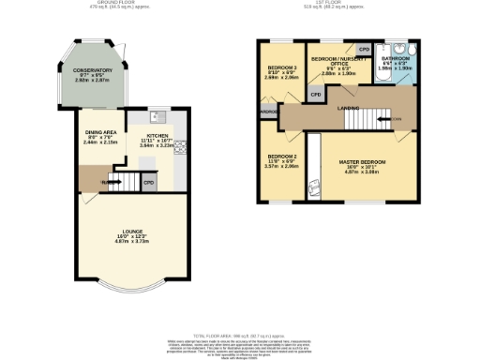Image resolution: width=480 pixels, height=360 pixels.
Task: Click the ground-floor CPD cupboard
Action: (149, 183)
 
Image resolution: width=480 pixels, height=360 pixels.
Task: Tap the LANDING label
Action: (349, 109)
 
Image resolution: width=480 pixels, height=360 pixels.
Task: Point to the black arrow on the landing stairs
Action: (395, 119)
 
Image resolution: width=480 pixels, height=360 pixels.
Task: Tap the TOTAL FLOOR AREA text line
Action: (239, 335)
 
